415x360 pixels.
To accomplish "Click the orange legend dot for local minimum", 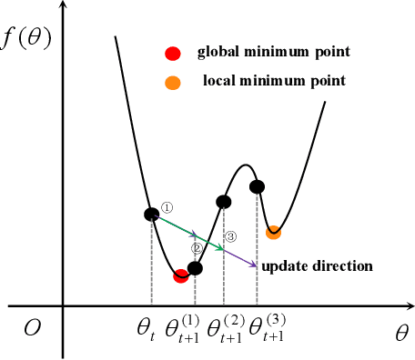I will pos(173,83).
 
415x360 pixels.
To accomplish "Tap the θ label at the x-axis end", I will pos(401,333).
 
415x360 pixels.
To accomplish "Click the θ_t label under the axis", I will pos(147,328).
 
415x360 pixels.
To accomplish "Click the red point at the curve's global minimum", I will pos(181,275).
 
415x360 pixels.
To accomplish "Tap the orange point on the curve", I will pos(273,233).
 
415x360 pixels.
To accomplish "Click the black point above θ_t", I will pos(152,214).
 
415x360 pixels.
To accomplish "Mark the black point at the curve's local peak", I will pos(257,187).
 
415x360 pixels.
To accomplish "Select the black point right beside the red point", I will pos(194,268).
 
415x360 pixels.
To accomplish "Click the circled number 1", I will pos(167,207).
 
